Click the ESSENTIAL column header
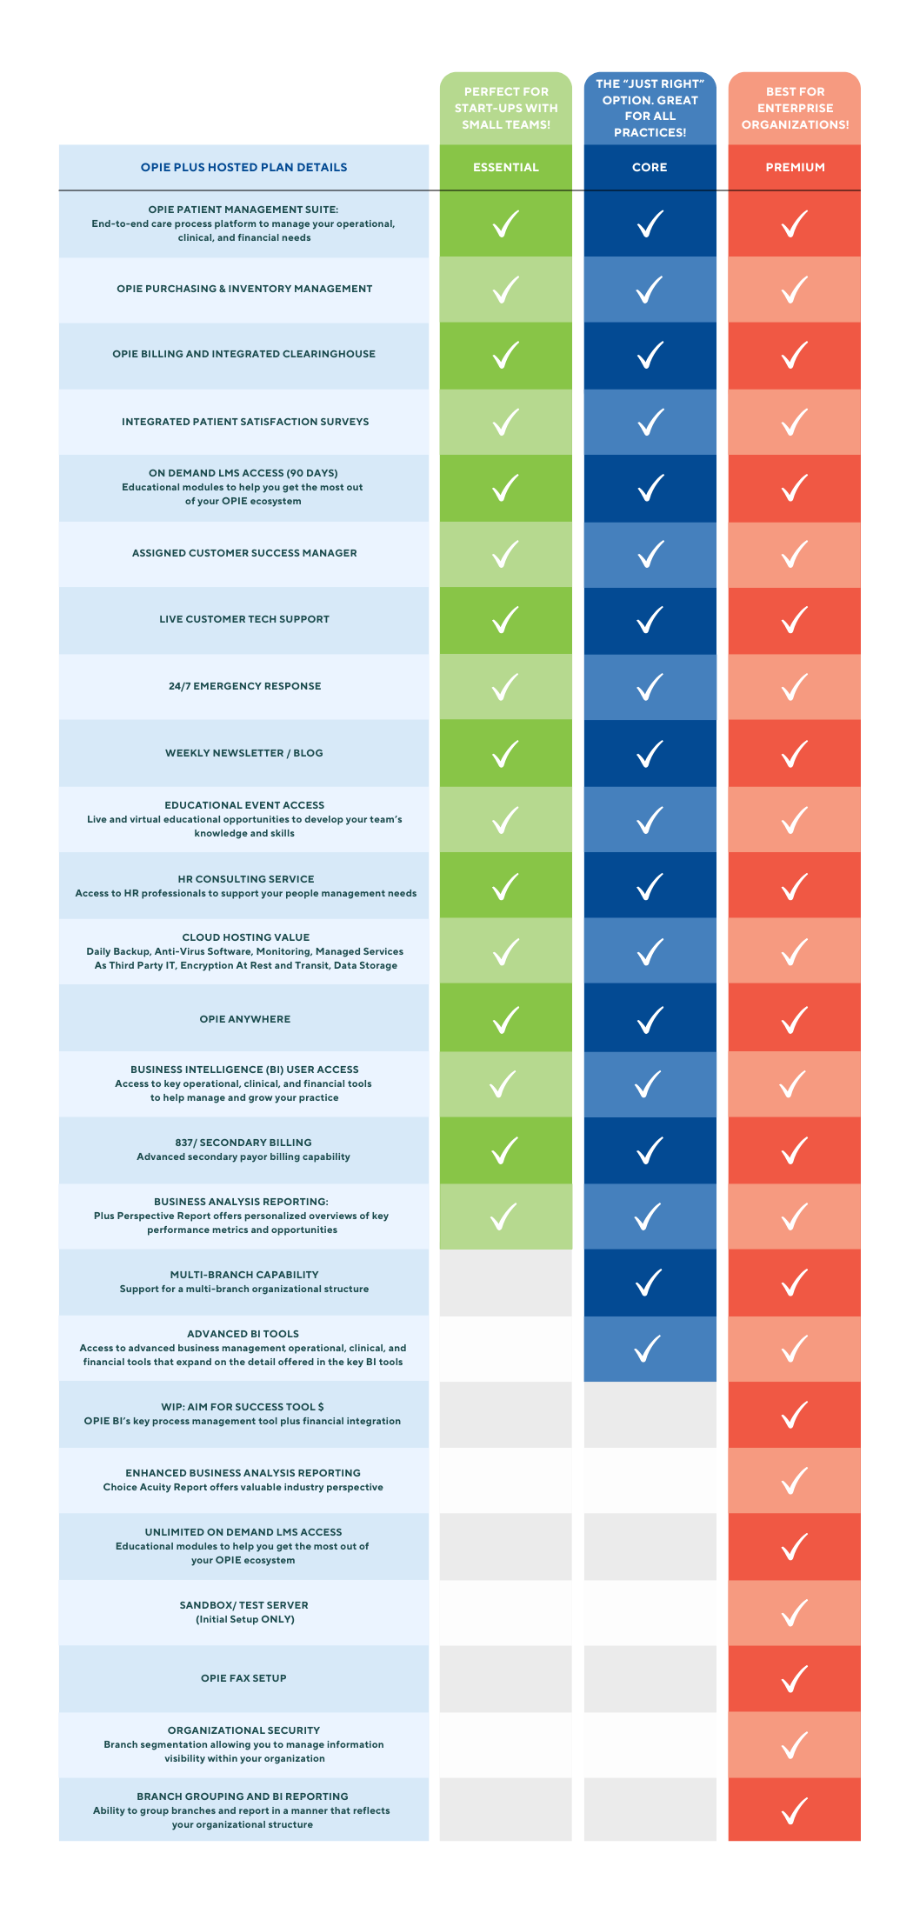pyautogui.click(x=506, y=167)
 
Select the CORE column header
pyautogui.click(x=650, y=167)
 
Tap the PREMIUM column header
pyautogui.click(x=795, y=167)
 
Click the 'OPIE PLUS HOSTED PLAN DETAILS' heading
pyautogui.click(x=244, y=167)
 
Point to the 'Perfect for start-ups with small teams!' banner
pyautogui.click(x=506, y=108)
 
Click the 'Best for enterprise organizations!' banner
pyautogui.click(x=795, y=108)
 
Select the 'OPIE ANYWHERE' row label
pyautogui.click(x=245, y=1019)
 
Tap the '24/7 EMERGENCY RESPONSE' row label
pyautogui.click(x=245, y=686)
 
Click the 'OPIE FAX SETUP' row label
pyautogui.click(x=243, y=1678)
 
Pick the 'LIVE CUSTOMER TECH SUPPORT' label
pyautogui.click(x=244, y=619)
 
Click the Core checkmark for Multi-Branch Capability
pyautogui.click(x=650, y=1283)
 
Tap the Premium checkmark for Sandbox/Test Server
pyautogui.click(x=795, y=1613)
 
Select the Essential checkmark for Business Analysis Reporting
pyautogui.click(x=504, y=1216)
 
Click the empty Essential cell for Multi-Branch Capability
pyautogui.click(x=506, y=1283)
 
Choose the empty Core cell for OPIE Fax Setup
pyautogui.click(x=650, y=1678)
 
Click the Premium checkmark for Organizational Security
pyautogui.click(x=795, y=1745)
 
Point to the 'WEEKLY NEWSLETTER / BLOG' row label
pyautogui.click(x=244, y=753)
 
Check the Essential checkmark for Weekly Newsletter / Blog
pyautogui.click(x=506, y=754)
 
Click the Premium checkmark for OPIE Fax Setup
pyautogui.click(x=795, y=1679)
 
